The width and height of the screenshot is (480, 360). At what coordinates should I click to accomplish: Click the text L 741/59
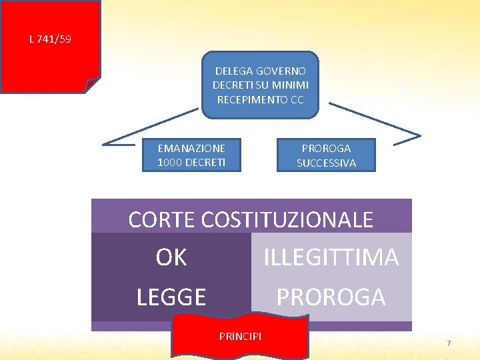click(50, 39)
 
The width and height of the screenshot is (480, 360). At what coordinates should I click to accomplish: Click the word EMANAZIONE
click(191, 148)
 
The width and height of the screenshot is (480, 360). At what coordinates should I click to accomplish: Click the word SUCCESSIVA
click(326, 163)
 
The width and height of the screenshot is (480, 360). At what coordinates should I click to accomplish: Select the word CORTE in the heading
click(161, 220)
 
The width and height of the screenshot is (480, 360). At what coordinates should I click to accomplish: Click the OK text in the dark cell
click(171, 258)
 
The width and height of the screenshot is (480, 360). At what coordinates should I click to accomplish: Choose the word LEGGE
click(171, 297)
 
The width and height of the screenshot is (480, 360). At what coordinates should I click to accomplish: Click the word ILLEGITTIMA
click(331, 257)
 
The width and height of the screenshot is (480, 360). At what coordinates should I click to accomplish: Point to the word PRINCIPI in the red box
click(240, 335)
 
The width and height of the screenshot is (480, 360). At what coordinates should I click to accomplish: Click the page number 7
click(449, 343)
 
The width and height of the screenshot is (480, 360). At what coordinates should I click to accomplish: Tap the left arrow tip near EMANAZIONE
click(105, 143)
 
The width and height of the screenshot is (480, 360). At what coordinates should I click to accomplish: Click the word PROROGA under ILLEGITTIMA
click(331, 297)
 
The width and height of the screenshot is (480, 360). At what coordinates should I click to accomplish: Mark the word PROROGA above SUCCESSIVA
click(326, 148)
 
